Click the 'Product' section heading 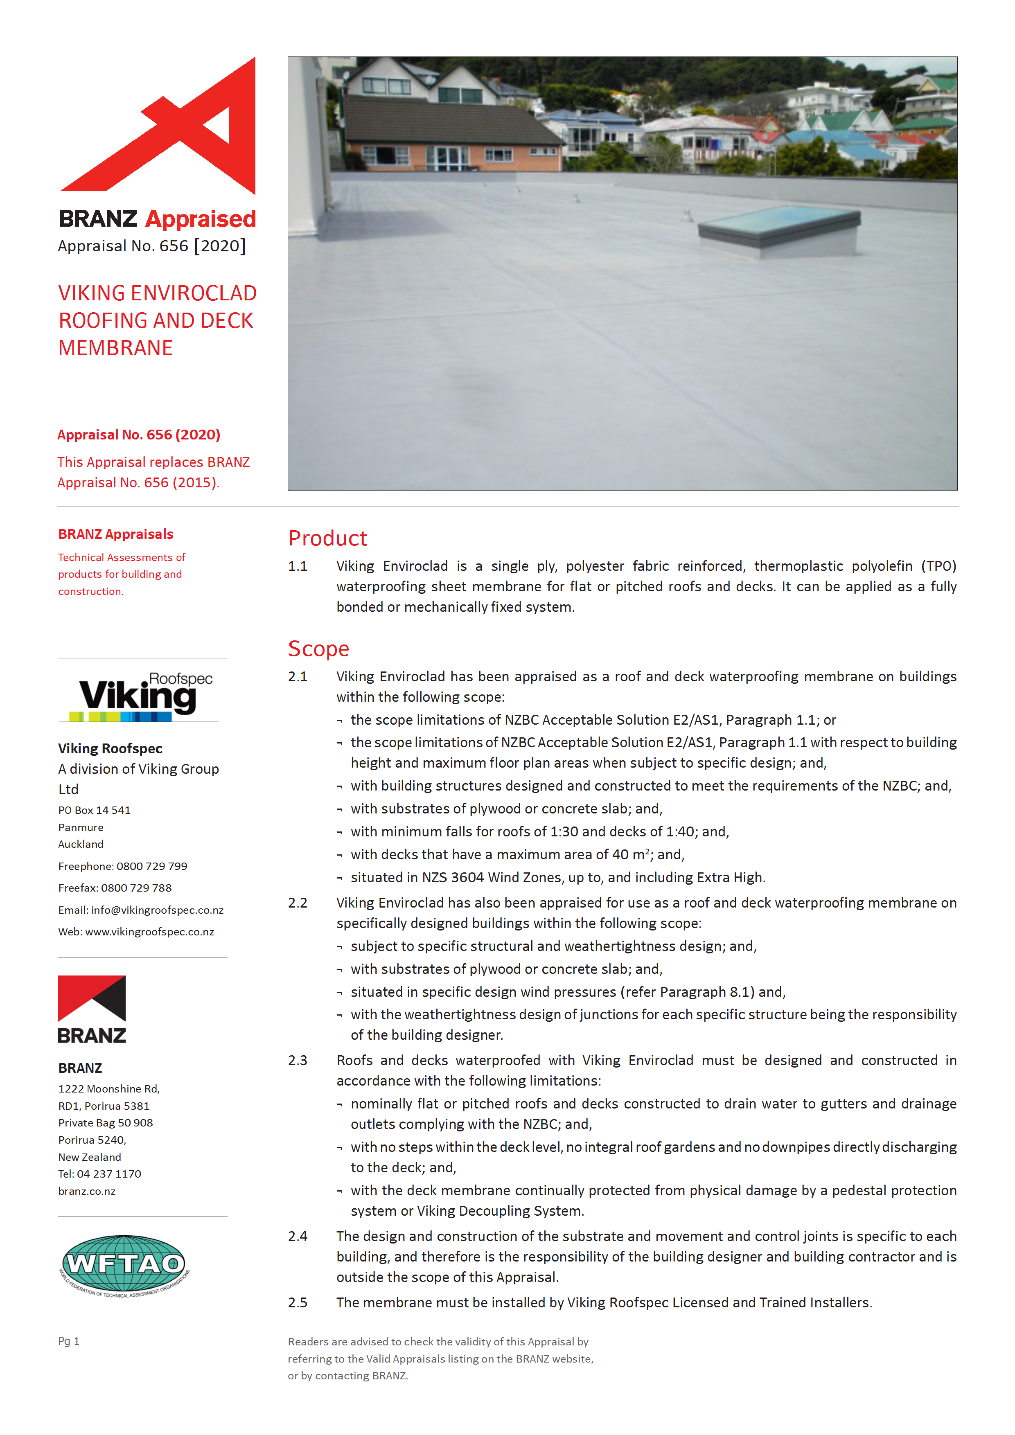[x=327, y=538]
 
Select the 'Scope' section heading [x=318, y=649]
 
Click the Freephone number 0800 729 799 [x=152, y=866]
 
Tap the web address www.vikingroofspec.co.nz [x=149, y=932]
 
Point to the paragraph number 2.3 [x=298, y=1061]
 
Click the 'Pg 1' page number [x=69, y=1341]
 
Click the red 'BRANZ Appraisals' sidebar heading [x=116, y=534]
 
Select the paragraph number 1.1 [x=298, y=566]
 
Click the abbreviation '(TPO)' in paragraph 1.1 [x=938, y=566]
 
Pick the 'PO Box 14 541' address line [x=95, y=811]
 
